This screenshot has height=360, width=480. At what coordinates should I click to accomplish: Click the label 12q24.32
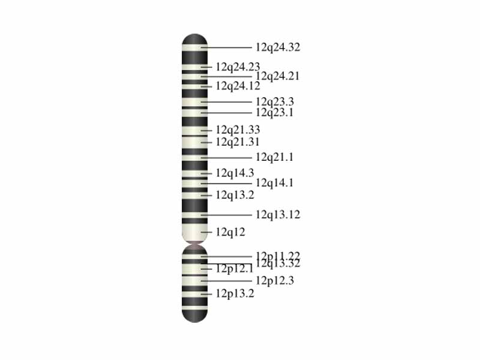[x=278, y=47]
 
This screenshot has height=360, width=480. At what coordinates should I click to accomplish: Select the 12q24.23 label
[x=238, y=67]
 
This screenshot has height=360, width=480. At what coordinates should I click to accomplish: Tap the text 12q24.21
[x=278, y=76]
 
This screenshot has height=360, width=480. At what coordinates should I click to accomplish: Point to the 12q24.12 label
[x=238, y=86]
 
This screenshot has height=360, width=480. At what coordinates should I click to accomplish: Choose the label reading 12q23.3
[x=275, y=102]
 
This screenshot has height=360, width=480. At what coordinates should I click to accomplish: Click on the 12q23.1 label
[x=275, y=112]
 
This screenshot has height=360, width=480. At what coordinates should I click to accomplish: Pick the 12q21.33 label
[x=238, y=130]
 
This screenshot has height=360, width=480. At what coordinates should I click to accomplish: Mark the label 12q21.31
[x=238, y=142]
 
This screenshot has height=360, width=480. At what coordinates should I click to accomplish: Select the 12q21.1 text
[x=275, y=157]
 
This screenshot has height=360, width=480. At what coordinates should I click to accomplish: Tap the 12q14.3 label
[x=235, y=173]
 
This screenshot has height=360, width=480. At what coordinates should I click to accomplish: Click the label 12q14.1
[x=275, y=183]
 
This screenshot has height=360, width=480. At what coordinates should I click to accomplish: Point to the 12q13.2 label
[x=235, y=195]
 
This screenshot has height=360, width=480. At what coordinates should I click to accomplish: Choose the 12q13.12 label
[x=278, y=215]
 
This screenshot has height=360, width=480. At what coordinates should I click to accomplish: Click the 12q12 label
[x=230, y=232]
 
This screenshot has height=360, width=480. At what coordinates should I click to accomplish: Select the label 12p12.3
[x=275, y=280]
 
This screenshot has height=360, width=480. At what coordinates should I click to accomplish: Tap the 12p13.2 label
[x=235, y=294]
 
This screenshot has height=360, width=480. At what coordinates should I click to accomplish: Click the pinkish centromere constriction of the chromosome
[x=194, y=244]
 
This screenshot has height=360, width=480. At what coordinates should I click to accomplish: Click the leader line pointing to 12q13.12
[x=228, y=215]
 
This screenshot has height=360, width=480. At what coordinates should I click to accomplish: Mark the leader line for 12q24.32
[x=228, y=47]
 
